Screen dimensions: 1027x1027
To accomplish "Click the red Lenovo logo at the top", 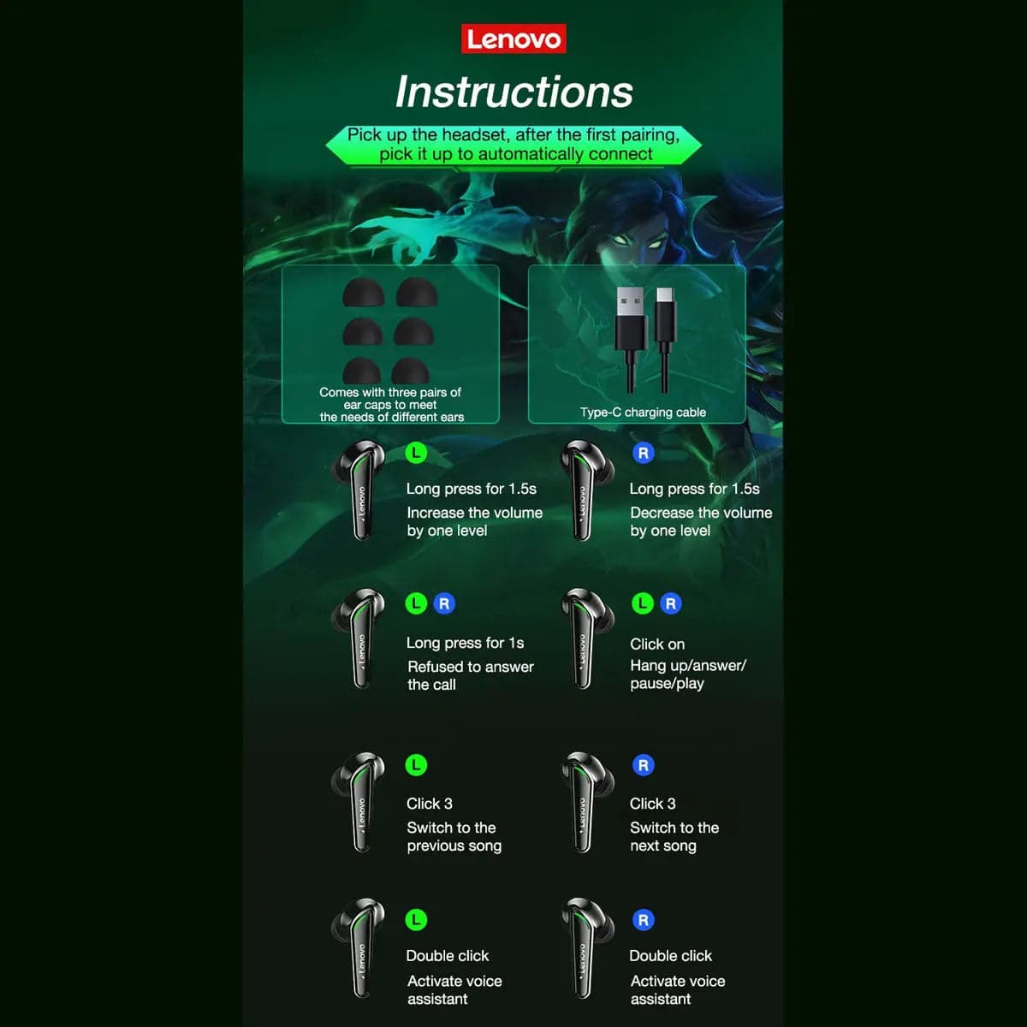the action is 513,39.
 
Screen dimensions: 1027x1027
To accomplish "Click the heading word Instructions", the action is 513,92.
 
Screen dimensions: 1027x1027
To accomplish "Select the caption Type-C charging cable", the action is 643,412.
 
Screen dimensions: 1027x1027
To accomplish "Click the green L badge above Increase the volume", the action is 416,453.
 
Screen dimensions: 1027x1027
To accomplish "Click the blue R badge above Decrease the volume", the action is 644,453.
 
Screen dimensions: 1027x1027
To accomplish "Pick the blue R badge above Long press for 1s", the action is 444,603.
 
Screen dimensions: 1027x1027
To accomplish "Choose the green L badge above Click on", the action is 642,603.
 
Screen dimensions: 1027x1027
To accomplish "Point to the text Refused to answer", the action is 471,667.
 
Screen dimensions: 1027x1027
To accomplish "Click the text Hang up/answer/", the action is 688,666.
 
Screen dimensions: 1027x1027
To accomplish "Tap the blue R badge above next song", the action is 644,765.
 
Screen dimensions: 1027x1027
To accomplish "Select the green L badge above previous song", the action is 416,765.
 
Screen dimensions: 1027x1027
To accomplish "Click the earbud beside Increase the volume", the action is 359,489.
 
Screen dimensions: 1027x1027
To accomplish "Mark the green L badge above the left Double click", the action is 416,920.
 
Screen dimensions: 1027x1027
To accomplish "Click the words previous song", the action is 454,846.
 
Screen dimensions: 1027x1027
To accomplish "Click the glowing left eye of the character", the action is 619,240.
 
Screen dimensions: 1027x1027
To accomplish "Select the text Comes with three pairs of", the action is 390,392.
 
